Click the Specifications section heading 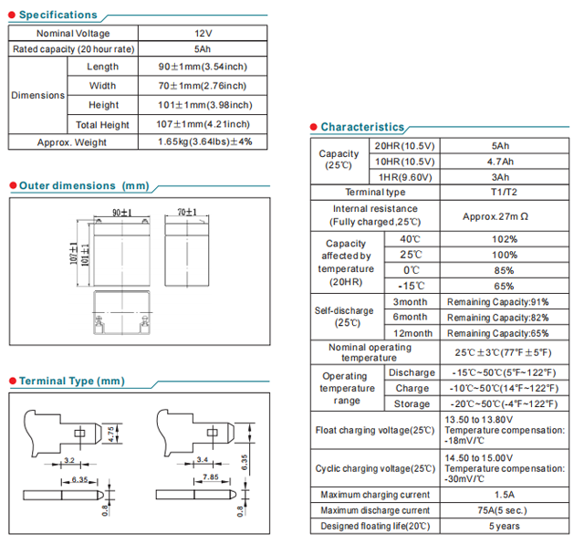coord(57,15)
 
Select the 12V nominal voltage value coord(203,34)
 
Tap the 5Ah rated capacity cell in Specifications coord(203,49)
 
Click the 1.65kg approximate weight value coord(203,142)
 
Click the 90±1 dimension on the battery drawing coord(122,213)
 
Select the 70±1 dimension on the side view coord(187,213)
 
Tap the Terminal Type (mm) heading coord(71,381)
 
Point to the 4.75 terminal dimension coord(111,434)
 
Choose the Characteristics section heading coord(361,127)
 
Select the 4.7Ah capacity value coord(501,162)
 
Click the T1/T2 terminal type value coord(501,193)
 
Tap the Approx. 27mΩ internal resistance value coord(501,216)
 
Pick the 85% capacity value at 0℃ coord(501,270)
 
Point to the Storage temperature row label coord(412,403)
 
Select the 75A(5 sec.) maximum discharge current coord(501,510)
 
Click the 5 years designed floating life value coord(501,526)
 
